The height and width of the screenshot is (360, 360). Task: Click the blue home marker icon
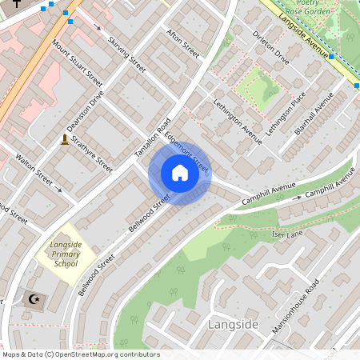click(x=180, y=173)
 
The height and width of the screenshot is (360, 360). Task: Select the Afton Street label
click(x=182, y=43)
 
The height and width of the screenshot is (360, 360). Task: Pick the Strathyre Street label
click(x=92, y=152)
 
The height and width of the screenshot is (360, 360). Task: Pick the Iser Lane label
click(x=288, y=234)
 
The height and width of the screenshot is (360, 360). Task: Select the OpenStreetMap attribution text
click(x=80, y=354)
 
